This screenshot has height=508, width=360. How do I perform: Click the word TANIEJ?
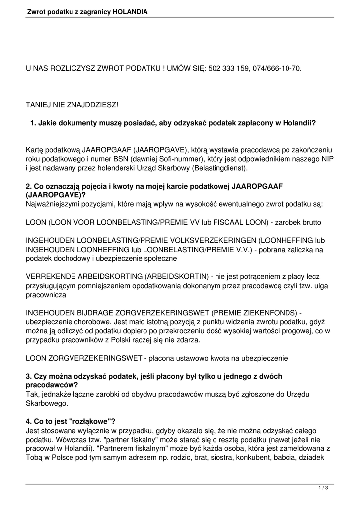tap(38, 105)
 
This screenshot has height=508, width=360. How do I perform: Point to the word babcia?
tap(288, 458)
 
